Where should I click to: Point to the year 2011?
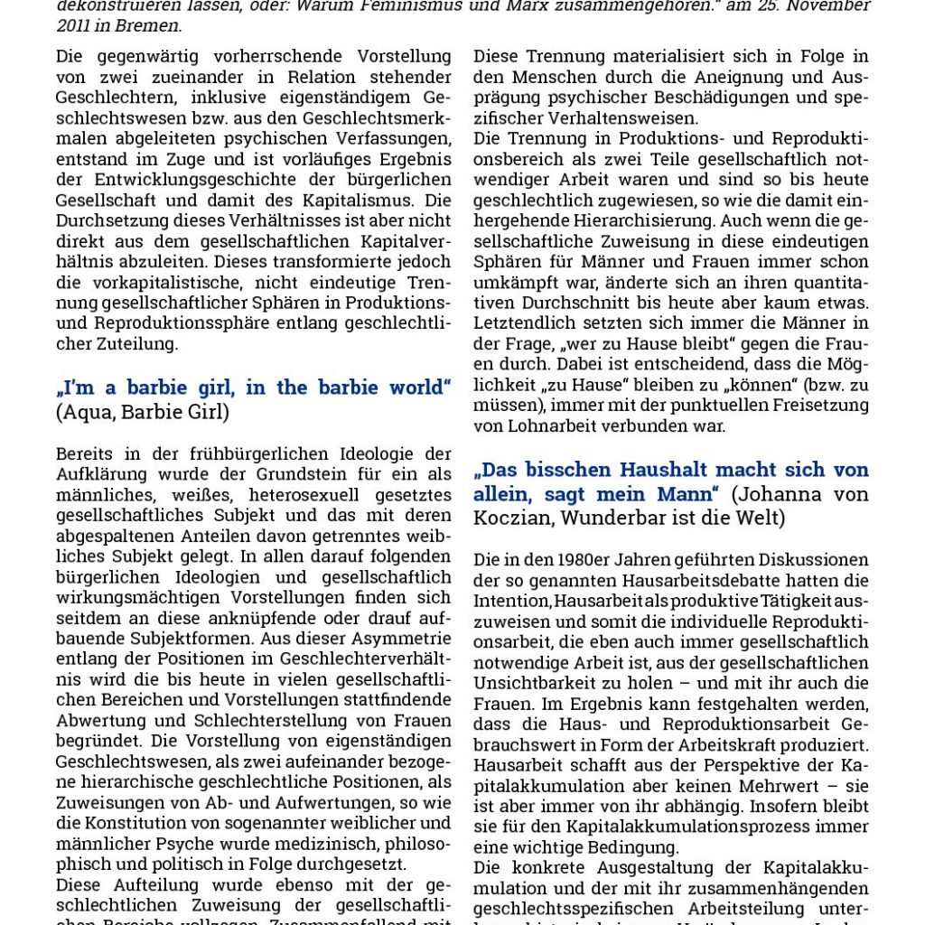76,26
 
